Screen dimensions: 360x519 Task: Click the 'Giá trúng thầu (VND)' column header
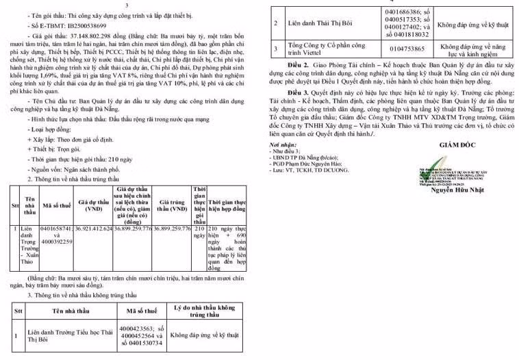(171, 205)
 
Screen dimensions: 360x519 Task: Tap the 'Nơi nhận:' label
(283, 145)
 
